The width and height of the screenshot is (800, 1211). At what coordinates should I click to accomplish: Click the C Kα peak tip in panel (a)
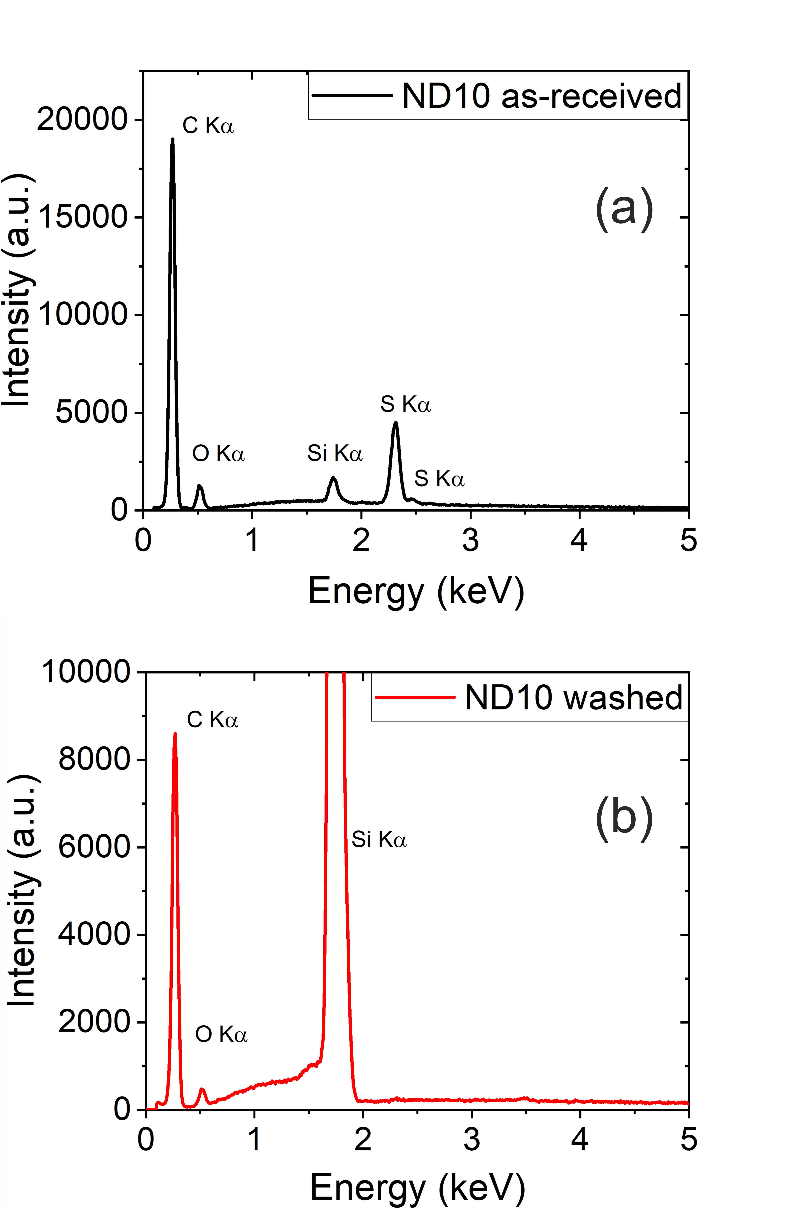point(172,139)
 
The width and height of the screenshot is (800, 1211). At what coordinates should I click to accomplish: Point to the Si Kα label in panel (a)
point(335,453)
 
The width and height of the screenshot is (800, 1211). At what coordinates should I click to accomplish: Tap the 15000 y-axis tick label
point(82,217)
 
